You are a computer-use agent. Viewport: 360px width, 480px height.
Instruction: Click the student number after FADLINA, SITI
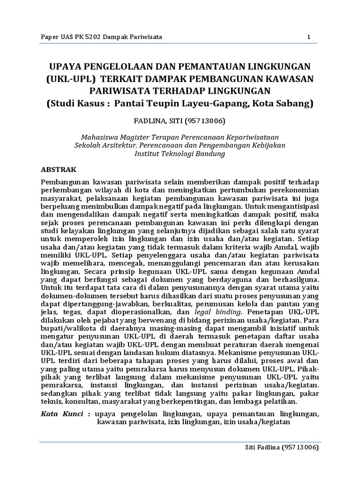[x=195, y=121]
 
